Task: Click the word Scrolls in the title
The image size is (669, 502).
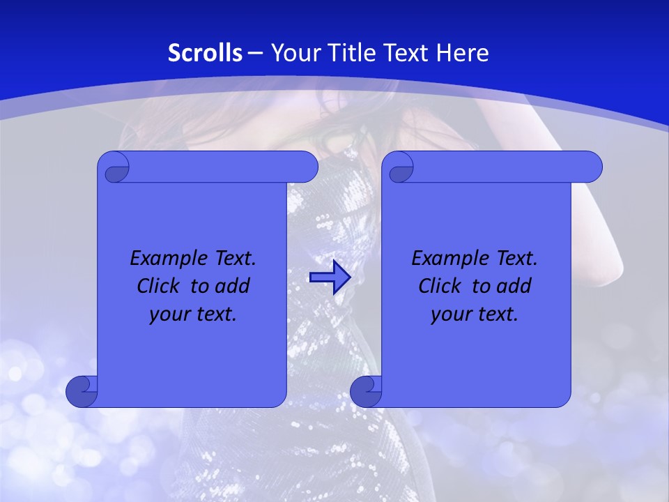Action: pyautogui.click(x=206, y=53)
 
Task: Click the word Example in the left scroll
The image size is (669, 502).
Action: pyautogui.click(x=166, y=259)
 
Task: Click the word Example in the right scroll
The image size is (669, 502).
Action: pyautogui.click(x=447, y=259)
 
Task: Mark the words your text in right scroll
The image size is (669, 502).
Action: pyautogui.click(x=475, y=314)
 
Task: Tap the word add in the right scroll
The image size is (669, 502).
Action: pyautogui.click(x=515, y=286)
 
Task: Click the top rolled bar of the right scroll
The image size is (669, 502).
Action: pyautogui.click(x=502, y=167)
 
